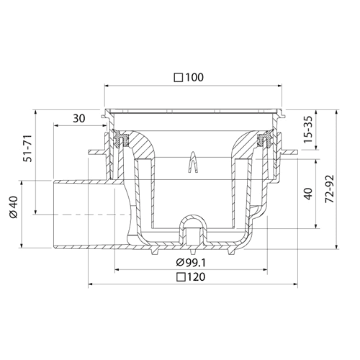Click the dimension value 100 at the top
click(x=194, y=77)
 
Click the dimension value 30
click(x=79, y=118)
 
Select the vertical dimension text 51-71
click(x=28, y=148)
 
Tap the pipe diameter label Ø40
click(x=14, y=207)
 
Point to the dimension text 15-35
click(x=308, y=130)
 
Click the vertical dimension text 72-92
click(x=330, y=189)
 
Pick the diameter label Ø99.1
click(x=191, y=263)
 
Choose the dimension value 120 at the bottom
click(x=196, y=277)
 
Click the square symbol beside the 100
click(x=179, y=78)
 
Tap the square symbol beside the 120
click(x=181, y=277)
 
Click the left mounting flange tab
click(x=96, y=152)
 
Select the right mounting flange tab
click(x=289, y=152)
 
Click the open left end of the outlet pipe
click(x=53, y=215)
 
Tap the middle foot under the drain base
click(x=193, y=251)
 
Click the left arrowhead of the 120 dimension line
click(x=91, y=284)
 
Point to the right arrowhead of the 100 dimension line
click(x=279, y=86)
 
